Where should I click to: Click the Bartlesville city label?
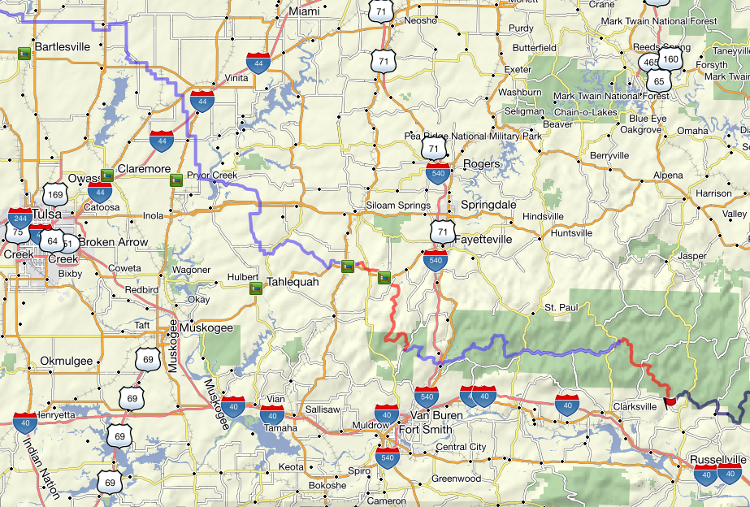62,46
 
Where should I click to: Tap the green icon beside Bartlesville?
25,54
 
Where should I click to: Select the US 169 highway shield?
55,194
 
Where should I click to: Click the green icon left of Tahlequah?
255,288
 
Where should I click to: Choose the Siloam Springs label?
398,206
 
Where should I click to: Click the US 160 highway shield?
670,59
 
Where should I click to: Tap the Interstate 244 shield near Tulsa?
20,219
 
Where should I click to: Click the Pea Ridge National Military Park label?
473,136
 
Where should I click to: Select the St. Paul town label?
561,308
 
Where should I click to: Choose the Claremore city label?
143,169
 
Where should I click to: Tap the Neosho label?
421,20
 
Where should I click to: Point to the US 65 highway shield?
658,81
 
